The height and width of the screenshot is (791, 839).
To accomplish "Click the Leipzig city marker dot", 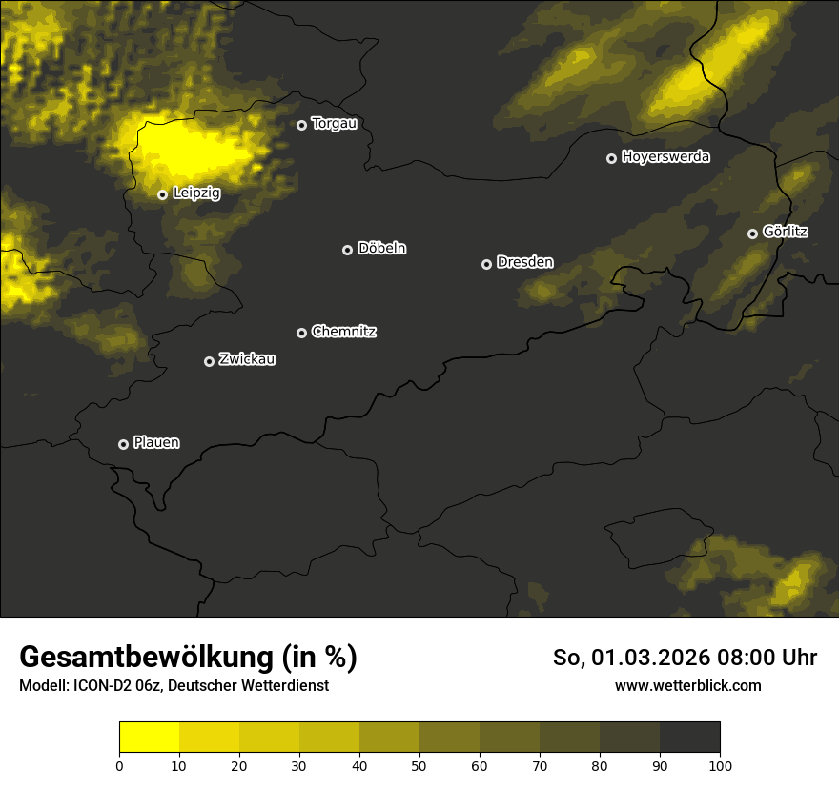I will point(163,194).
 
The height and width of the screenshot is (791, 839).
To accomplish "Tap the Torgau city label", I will point(334,124).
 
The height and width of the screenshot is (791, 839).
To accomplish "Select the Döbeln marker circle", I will point(347,250).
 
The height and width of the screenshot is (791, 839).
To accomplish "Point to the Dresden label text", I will point(524,262).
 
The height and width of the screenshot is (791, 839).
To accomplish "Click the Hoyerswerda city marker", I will point(612,158).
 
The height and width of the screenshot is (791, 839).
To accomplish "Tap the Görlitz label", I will point(786,232).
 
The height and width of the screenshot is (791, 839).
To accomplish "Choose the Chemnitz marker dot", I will point(302,333).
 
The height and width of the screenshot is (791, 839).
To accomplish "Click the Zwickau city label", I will point(247,359).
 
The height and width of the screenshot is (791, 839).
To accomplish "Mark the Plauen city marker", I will point(123,444).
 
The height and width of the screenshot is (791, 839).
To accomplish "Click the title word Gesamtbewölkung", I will point(143,658).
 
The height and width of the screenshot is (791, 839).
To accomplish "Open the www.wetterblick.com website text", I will point(687,686).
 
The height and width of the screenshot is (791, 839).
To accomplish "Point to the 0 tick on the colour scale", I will point(119,764).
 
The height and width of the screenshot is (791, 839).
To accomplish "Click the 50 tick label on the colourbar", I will point(419,764).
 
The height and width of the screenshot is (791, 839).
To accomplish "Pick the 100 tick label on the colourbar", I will point(720,764).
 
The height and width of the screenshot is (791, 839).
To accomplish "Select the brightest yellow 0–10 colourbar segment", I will point(149,738).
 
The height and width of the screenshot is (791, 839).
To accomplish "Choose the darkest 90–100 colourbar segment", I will point(689,738).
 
